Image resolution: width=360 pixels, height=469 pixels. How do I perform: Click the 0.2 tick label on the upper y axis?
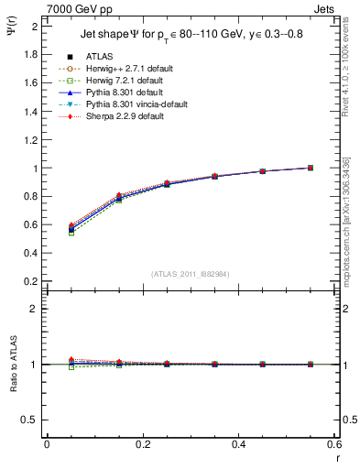click(x=31, y=280)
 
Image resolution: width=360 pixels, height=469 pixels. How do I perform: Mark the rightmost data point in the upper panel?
click(x=311, y=168)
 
